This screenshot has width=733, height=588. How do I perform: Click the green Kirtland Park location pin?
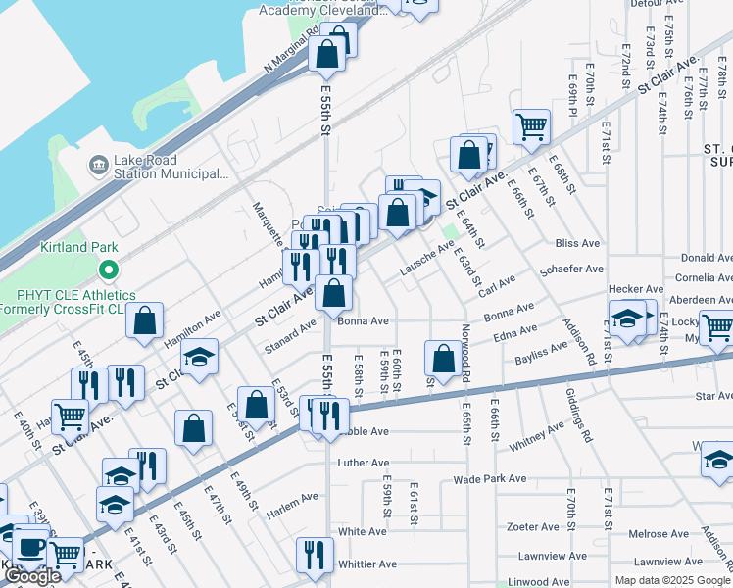(x=109, y=268)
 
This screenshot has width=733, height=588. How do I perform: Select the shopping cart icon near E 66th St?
(x=531, y=125)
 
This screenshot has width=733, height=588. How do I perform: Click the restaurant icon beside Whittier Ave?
(x=315, y=555)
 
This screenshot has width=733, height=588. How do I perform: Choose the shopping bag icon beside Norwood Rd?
(x=443, y=359)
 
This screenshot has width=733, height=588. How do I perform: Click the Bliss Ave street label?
(x=577, y=243)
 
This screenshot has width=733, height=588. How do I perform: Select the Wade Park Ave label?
(x=490, y=479)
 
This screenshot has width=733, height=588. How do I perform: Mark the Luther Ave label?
(x=364, y=463)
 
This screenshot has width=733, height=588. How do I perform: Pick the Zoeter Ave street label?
(x=533, y=526)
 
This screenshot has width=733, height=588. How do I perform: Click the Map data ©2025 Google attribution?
(x=672, y=580)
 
